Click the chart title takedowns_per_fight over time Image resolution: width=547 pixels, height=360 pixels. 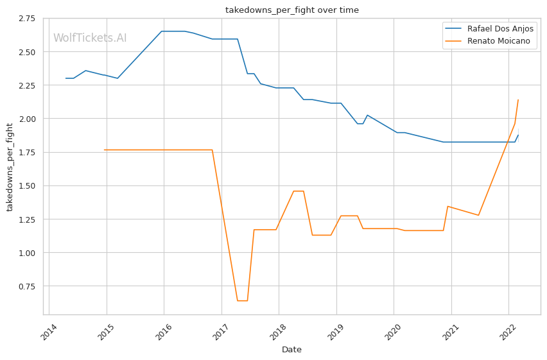291,10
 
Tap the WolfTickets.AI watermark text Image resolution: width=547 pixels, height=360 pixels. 90,39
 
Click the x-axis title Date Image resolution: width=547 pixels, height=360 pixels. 291,350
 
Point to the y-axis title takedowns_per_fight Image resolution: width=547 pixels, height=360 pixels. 10,167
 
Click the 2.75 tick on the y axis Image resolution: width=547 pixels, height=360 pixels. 26,18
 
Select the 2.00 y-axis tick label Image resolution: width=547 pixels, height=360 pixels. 26,119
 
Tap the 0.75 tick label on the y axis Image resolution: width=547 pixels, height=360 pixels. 26,286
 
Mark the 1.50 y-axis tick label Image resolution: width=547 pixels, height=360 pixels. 26,186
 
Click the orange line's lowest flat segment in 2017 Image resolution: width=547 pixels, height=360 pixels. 242,300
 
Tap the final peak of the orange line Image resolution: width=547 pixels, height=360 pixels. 518,99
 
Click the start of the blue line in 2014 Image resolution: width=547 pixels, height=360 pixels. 65,78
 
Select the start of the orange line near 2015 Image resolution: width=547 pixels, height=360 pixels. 105,150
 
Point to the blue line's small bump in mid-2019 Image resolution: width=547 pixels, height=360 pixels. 367,115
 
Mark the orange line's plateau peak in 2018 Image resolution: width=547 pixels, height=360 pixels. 299,191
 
